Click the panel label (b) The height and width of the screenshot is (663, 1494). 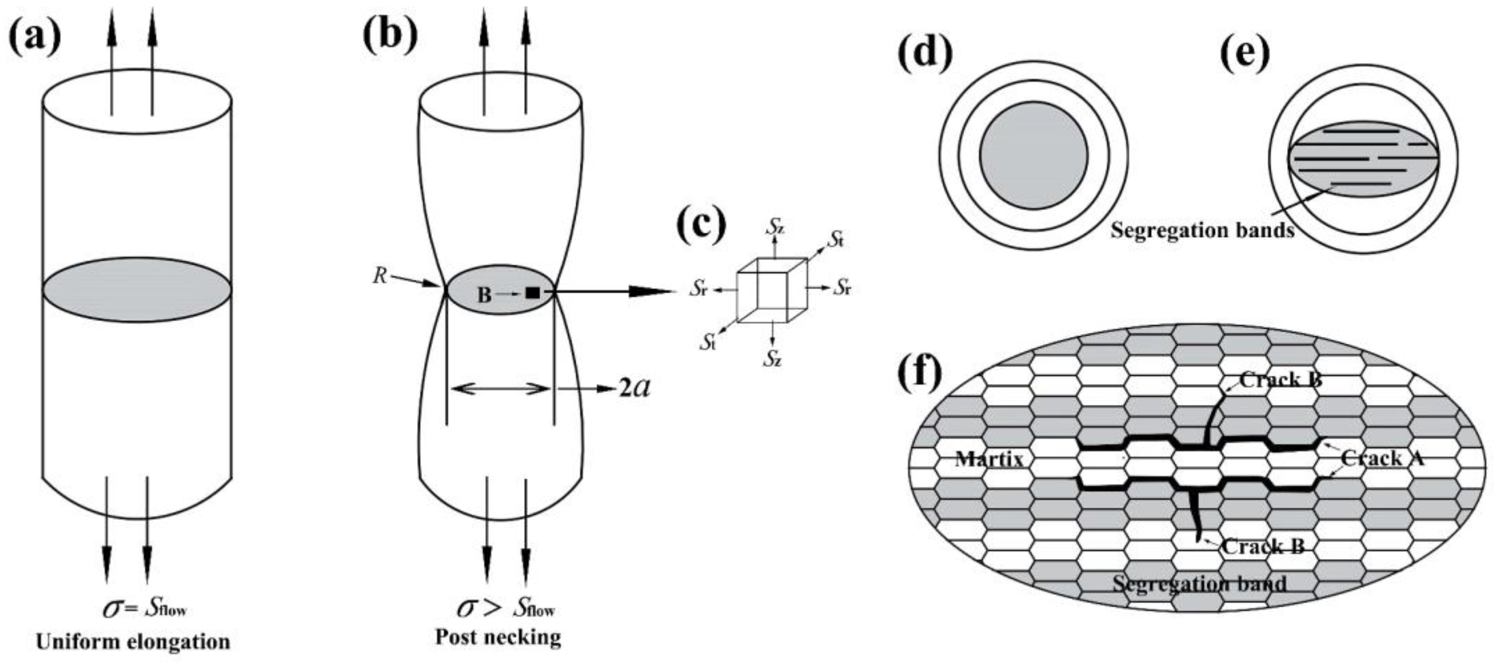click(x=390, y=34)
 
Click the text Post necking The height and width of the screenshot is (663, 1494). click(x=498, y=637)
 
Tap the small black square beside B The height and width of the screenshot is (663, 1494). click(x=532, y=293)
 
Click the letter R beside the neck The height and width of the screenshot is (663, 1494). click(x=380, y=276)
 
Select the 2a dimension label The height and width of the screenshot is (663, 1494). click(x=634, y=388)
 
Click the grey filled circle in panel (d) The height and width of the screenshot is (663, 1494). click(x=1034, y=156)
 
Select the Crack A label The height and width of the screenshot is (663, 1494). click(x=1382, y=459)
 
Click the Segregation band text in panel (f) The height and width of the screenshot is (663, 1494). click(x=1200, y=583)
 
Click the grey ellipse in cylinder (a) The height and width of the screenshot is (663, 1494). click(x=137, y=290)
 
